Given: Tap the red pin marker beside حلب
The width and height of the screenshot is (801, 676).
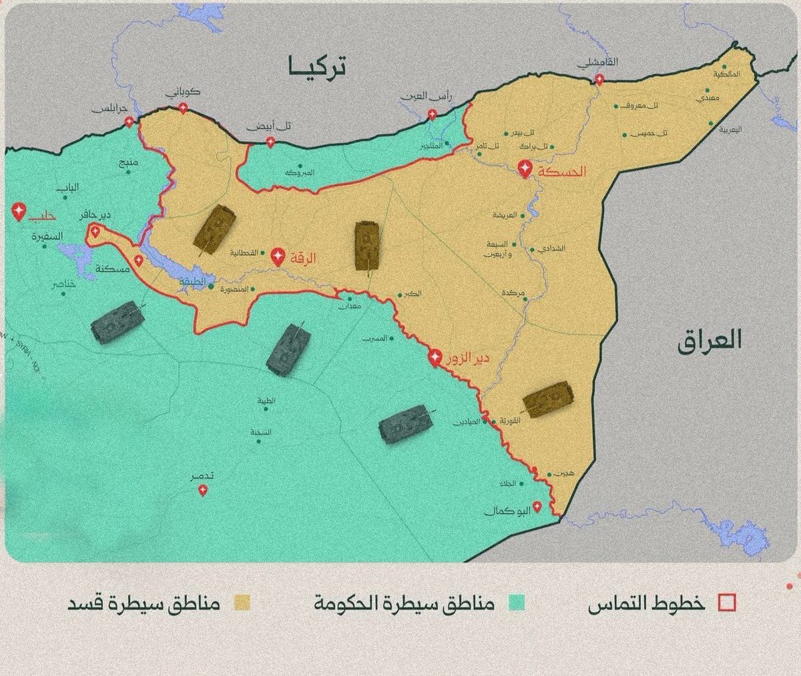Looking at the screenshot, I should (19, 212).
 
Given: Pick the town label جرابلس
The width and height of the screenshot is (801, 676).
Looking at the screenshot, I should (108, 110).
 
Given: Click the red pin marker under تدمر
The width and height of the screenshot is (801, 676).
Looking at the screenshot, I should (203, 491).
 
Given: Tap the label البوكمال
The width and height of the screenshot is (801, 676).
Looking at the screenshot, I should (509, 511).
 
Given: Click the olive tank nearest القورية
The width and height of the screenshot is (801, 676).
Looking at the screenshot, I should (547, 399).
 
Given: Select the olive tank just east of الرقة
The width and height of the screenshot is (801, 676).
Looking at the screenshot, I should (366, 246).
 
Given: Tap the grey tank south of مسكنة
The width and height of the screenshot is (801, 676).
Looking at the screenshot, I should (117, 322).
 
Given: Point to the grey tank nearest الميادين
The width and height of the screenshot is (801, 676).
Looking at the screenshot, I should (405, 424).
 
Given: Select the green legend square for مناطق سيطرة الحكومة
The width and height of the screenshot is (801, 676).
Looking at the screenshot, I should (516, 603).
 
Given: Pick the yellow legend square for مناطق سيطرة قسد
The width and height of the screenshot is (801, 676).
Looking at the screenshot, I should (242, 603).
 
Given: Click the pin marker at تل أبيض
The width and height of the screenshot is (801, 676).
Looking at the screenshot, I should (270, 142).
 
